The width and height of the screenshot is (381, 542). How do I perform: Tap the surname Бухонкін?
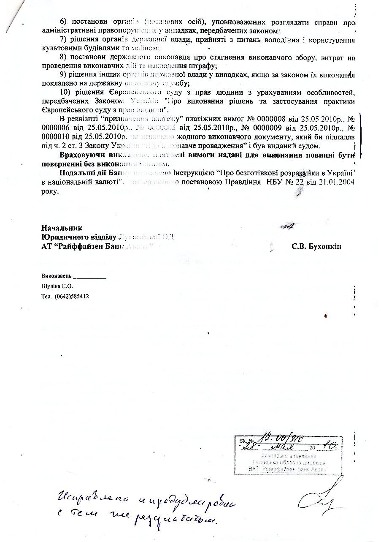[322, 247]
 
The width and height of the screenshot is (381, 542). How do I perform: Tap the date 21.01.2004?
[338, 182]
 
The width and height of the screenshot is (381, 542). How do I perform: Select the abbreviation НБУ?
[296, 182]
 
